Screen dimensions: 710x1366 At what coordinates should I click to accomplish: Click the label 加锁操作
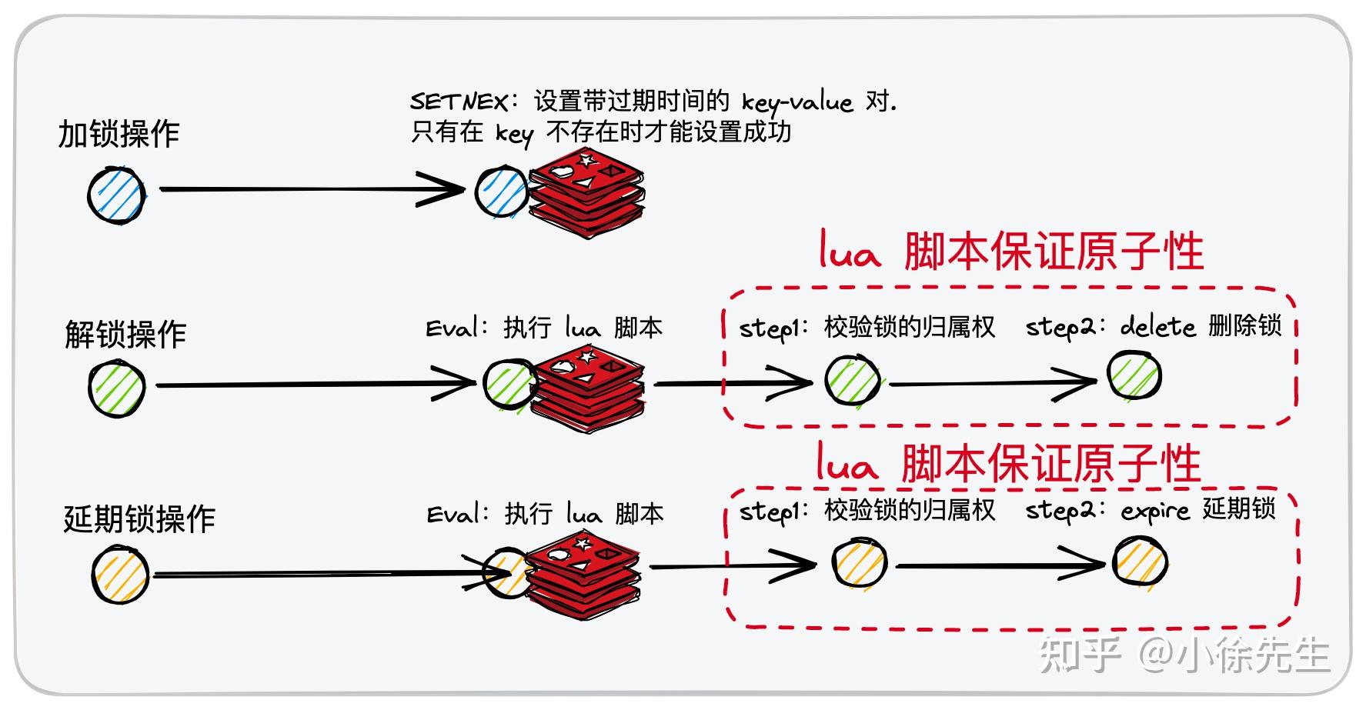[x=119, y=134]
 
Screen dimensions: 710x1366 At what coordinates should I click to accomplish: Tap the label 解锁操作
[x=125, y=335]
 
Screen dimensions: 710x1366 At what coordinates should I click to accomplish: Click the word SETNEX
[x=459, y=102]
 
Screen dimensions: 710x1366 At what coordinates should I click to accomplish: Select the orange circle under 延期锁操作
[x=120, y=575]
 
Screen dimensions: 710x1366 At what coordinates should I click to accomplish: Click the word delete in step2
[x=1157, y=327]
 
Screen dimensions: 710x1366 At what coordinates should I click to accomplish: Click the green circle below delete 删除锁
[x=1134, y=375]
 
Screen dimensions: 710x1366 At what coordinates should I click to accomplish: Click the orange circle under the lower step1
[x=860, y=562]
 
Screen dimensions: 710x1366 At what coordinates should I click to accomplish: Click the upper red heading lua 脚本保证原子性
[x=1010, y=252]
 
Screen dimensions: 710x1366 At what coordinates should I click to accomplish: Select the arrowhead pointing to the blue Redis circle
[x=446, y=188]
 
